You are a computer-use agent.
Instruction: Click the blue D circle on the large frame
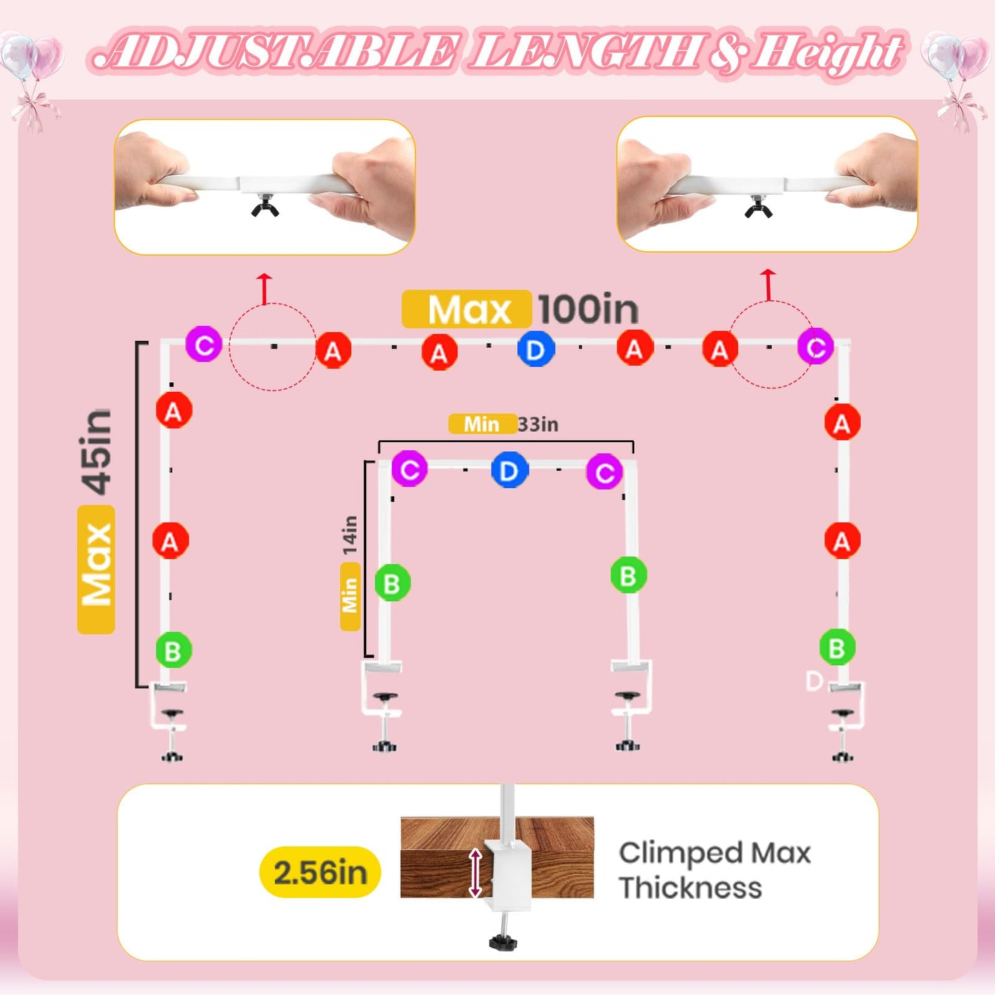pyautogui.click(x=536, y=350)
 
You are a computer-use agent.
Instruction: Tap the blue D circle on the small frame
pyautogui.click(x=509, y=470)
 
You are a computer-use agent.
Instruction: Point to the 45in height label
pyautogui.click(x=96, y=452)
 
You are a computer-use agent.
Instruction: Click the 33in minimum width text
pyautogui.click(x=538, y=424)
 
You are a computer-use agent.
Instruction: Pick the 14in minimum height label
pyautogui.click(x=350, y=534)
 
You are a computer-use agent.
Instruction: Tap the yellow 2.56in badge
pyautogui.click(x=320, y=872)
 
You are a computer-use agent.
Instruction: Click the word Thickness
pyautogui.click(x=691, y=888)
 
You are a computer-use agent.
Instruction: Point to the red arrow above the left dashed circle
pyautogui.click(x=264, y=289)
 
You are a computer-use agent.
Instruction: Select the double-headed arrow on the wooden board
pyautogui.click(x=475, y=872)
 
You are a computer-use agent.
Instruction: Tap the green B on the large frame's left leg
pyautogui.click(x=174, y=649)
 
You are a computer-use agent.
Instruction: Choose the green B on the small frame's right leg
pyautogui.click(x=629, y=575)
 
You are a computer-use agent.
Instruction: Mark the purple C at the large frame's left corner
pyautogui.click(x=204, y=344)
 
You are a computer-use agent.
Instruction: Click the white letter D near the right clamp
pyautogui.click(x=815, y=681)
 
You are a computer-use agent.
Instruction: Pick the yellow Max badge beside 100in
pyautogui.click(x=467, y=308)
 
